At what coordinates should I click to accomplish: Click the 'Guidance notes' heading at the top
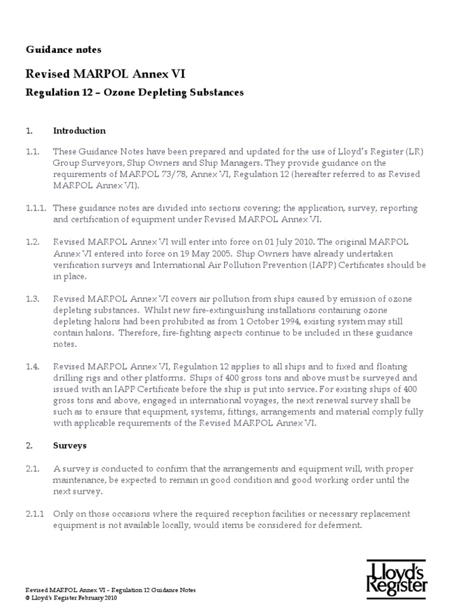point(64,49)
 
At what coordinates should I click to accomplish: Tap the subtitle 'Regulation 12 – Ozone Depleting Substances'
point(135,93)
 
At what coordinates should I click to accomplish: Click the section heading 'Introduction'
point(79,131)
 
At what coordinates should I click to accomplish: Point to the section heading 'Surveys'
point(69,445)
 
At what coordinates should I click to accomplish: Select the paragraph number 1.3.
point(32,299)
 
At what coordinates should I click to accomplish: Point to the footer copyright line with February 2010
point(71,598)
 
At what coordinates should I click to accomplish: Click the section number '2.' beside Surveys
point(29,445)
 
